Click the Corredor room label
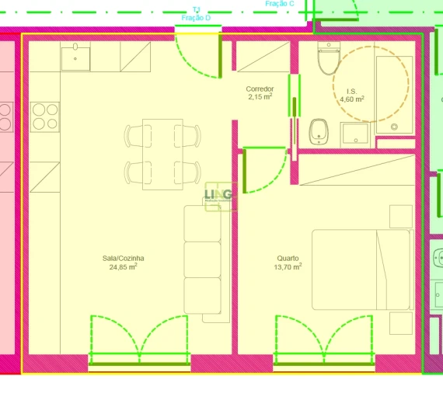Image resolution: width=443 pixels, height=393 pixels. [260, 89]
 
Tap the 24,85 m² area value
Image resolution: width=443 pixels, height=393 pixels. [124, 267]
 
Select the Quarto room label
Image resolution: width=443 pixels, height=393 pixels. [288, 259]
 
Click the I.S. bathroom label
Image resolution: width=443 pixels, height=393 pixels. [352, 91]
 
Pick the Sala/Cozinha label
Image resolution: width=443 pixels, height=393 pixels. [124, 259]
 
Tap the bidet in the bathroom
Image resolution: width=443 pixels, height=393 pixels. [318, 131]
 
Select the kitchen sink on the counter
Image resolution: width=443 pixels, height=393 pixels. [75, 56]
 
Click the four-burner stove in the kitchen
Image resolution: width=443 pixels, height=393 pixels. [45, 117]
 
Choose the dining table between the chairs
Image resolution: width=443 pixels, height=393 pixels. [162, 154]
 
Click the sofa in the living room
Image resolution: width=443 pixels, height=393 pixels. [203, 263]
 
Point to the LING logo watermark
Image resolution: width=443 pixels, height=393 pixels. [218, 196]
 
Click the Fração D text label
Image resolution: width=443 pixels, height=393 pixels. [196, 17]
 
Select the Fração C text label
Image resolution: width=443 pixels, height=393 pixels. [280, 4]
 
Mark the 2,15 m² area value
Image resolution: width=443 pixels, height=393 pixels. [260, 97]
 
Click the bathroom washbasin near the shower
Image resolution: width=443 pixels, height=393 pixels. [356, 134]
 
